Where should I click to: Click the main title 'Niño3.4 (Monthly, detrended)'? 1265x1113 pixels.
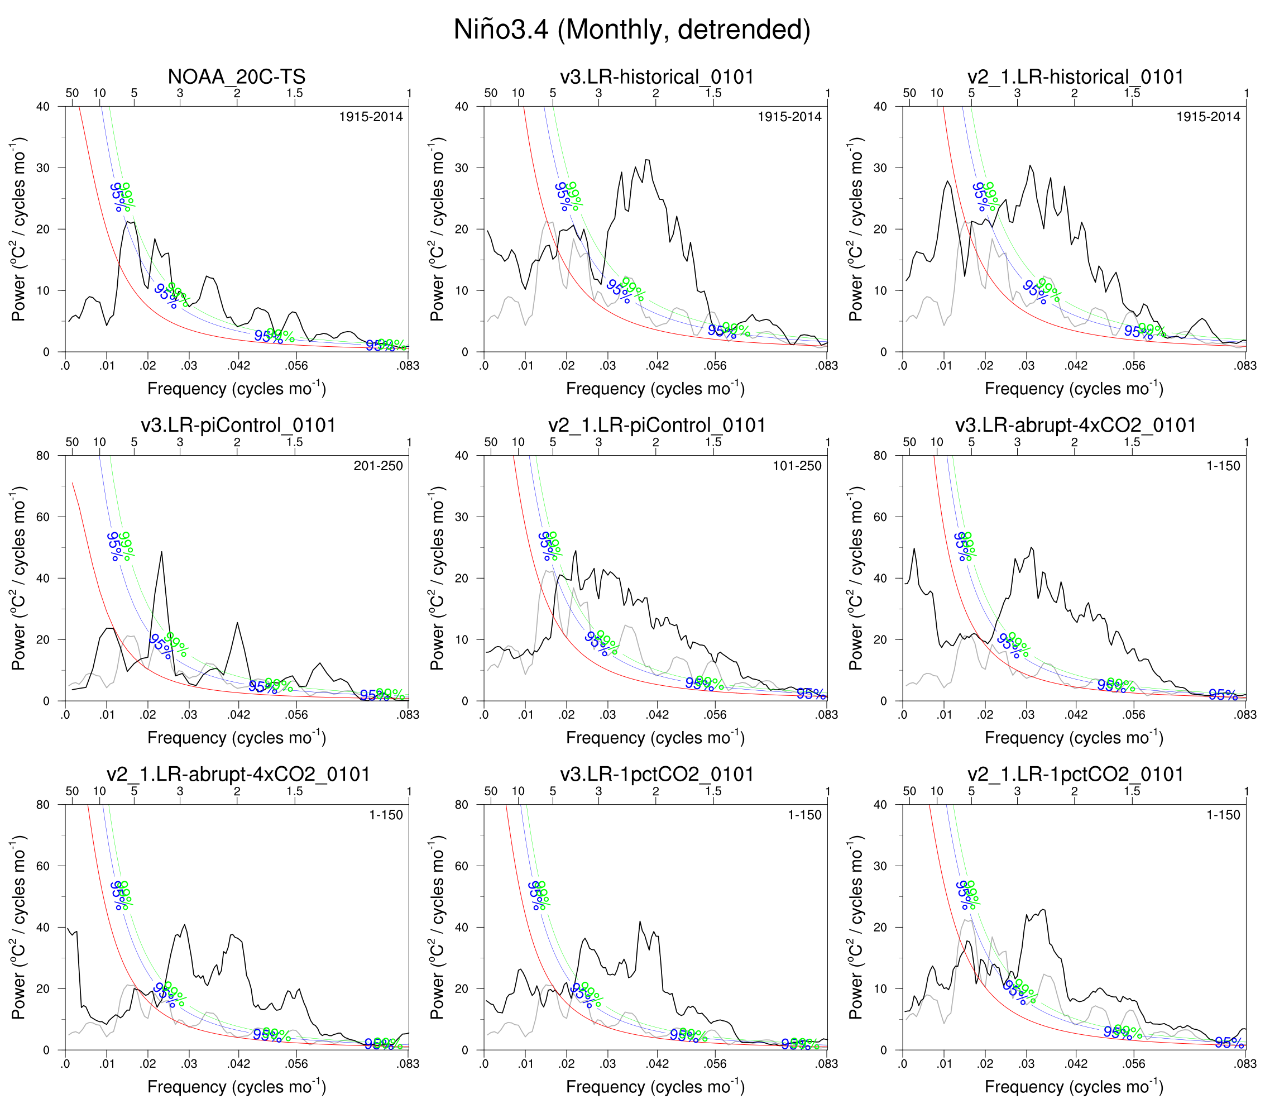pyautogui.click(x=632, y=30)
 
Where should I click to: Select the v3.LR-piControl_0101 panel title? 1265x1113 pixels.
pyautogui.click(x=238, y=426)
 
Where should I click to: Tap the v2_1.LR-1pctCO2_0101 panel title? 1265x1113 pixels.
pyautogui.click(x=1075, y=775)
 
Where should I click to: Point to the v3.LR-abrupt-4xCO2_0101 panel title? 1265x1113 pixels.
pyautogui.click(x=1075, y=426)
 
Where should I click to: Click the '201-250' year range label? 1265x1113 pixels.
pyautogui.click(x=377, y=466)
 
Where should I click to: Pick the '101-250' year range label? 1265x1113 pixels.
pyautogui.click(x=797, y=466)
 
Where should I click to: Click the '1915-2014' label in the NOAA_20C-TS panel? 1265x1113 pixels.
pyautogui.click(x=371, y=117)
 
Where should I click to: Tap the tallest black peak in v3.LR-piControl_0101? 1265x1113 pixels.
pyautogui.click(x=161, y=552)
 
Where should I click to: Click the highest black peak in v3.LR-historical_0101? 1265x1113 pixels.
pyautogui.click(x=646, y=160)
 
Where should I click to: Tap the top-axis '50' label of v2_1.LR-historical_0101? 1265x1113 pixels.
pyautogui.click(x=909, y=93)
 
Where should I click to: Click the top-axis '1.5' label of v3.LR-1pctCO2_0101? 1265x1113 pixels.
pyautogui.click(x=713, y=791)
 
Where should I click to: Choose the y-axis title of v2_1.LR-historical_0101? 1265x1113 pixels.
pyautogui.click(x=856, y=229)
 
